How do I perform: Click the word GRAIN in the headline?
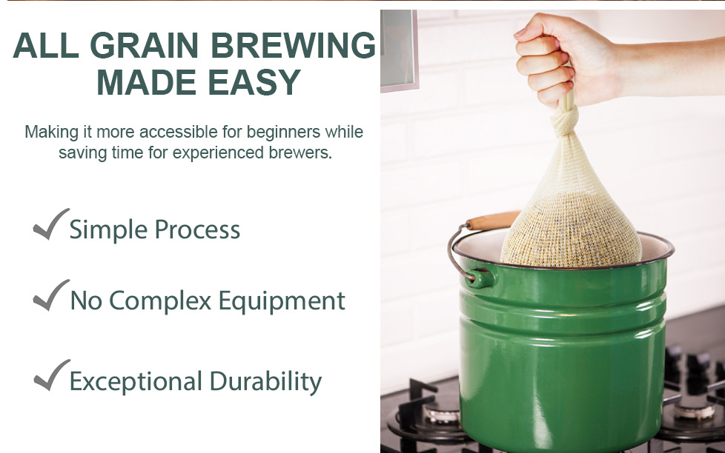click(x=147, y=46)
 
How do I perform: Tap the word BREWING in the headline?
click(x=294, y=46)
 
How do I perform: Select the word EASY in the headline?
click(x=255, y=82)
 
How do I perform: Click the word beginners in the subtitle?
click(x=283, y=132)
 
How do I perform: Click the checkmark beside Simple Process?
click(x=51, y=224)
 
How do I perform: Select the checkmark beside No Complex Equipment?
click(x=51, y=295)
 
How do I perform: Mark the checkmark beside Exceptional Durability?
click(x=51, y=375)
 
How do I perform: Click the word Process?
click(x=197, y=229)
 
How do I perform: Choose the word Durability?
click(x=265, y=381)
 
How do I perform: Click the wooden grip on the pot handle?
click(x=492, y=220)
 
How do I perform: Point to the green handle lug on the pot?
click(x=479, y=278)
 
